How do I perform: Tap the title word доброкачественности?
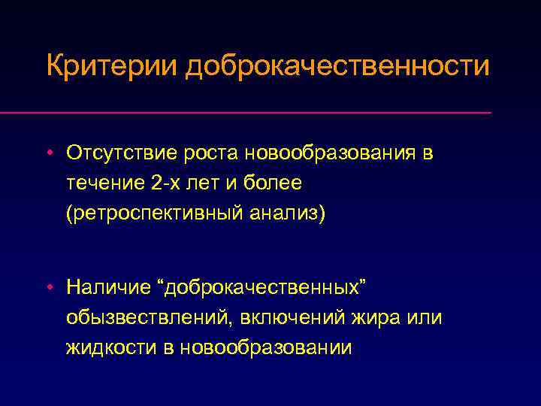(x=337, y=65)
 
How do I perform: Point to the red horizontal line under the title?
(x=270, y=113)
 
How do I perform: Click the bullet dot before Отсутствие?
(x=48, y=154)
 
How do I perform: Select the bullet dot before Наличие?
(x=48, y=287)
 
